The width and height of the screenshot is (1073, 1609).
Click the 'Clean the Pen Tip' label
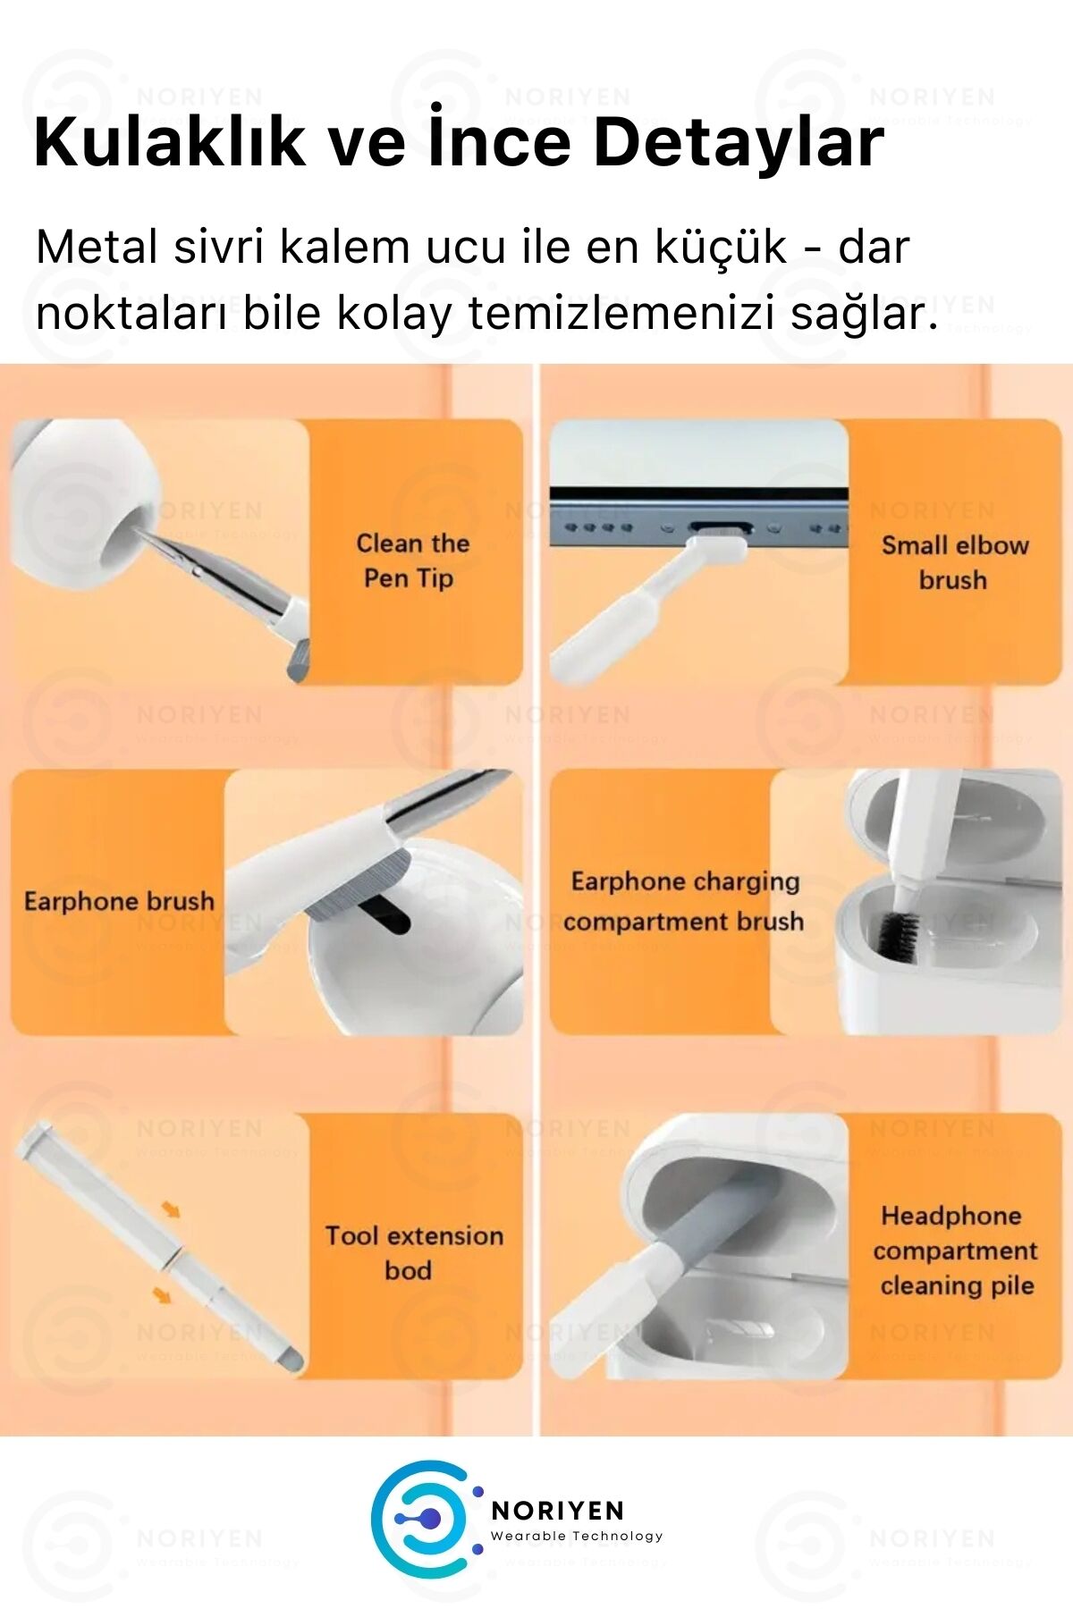pos(412,560)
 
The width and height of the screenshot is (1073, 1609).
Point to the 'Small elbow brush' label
pos(954,562)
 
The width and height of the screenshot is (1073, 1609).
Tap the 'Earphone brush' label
pos(119,901)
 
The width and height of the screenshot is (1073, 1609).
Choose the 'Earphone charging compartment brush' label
pos(684,901)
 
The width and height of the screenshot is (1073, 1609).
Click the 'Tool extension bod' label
pos(413,1252)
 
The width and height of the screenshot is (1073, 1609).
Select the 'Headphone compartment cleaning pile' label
pos(955,1251)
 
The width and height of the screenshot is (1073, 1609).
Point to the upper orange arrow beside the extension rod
pos(170,1209)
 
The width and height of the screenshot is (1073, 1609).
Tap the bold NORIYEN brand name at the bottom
pos(558,1510)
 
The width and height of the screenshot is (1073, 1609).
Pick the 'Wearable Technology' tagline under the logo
pos(577,1537)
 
